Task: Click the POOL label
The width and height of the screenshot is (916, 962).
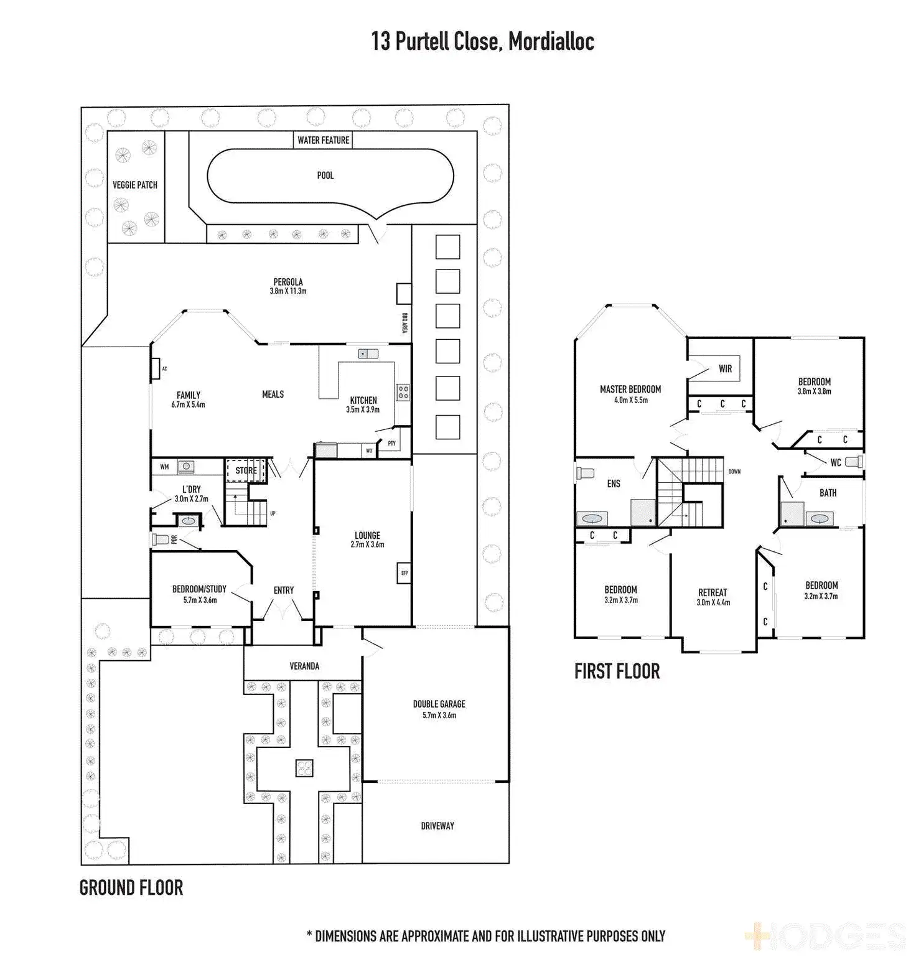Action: tap(325, 175)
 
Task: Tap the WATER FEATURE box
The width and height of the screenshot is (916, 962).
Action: tap(323, 140)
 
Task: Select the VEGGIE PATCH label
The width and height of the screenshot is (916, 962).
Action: tap(135, 185)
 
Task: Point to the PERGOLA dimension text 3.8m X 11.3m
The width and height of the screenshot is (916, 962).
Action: tap(288, 291)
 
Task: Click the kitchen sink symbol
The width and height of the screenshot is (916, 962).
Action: tap(368, 353)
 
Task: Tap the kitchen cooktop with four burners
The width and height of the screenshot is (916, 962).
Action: tap(403, 392)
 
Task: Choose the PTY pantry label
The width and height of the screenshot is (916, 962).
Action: tap(391, 443)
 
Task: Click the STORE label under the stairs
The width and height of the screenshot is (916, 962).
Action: tap(246, 470)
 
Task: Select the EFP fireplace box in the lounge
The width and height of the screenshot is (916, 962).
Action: tap(404, 573)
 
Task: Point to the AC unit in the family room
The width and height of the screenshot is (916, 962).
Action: tap(156, 369)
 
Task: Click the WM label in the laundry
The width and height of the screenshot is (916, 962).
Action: tap(164, 467)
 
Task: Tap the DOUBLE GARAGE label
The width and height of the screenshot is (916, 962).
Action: tap(439, 704)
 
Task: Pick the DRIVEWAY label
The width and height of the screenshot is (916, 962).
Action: tap(437, 826)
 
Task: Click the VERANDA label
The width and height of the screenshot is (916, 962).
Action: tap(304, 666)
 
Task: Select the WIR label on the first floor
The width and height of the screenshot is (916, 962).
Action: tap(726, 368)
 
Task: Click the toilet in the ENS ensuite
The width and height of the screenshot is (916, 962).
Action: tap(585, 473)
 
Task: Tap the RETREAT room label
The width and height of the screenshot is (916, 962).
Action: tap(713, 592)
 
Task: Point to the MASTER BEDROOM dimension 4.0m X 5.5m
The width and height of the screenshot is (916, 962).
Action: tap(631, 400)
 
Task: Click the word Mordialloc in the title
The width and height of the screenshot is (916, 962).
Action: tap(551, 42)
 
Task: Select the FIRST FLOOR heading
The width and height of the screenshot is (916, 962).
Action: tap(617, 671)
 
